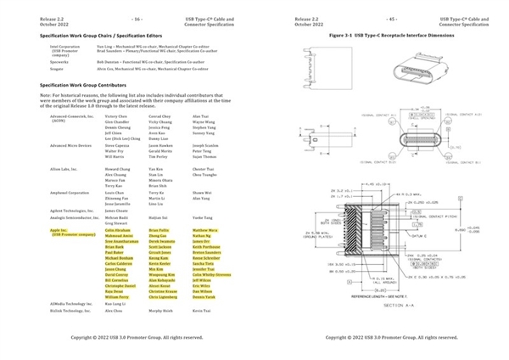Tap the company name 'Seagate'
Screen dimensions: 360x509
coord(58,68)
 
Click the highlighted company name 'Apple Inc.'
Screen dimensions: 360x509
coord(59,229)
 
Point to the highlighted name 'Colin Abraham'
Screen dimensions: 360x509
coord(118,229)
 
